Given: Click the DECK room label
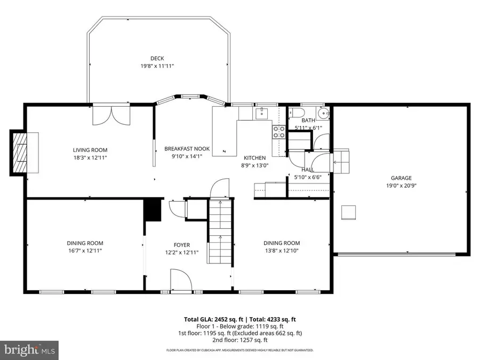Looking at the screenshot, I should coord(157,58).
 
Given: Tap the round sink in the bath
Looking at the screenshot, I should coord(323,113).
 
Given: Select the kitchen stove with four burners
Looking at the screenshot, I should coord(279,132).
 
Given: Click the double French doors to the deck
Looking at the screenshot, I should coord(111,114).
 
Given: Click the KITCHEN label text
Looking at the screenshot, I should coord(255,158).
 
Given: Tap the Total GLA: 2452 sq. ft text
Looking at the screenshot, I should coord(211,319).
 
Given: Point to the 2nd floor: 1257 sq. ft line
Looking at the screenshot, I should coord(240,340).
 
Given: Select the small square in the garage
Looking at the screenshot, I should coord(349,212).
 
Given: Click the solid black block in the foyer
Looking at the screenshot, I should coord(154,210).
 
